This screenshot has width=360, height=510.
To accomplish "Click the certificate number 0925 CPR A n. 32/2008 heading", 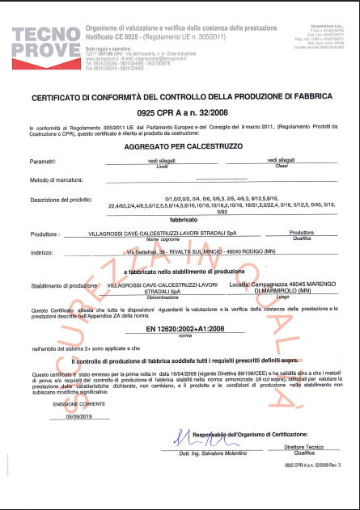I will [x=179, y=112].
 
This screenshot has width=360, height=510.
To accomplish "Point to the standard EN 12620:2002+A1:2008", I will [x=179, y=330].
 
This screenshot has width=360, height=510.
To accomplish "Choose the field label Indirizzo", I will [x=44, y=252].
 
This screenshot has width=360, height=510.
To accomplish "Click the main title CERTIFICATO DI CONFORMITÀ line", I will [x=179, y=98].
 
